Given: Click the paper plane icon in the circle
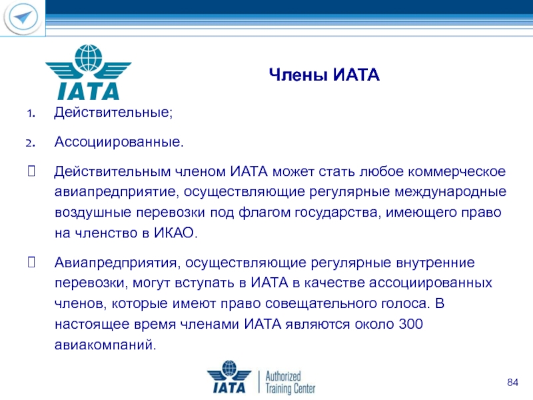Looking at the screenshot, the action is click(x=23, y=17).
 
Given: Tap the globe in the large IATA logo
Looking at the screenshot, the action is click(x=89, y=58).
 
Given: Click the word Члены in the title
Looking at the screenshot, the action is click(x=298, y=75).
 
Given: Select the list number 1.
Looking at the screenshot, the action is click(x=31, y=113).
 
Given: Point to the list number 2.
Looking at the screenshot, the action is click(x=31, y=143).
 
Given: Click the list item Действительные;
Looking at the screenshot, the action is click(x=113, y=112).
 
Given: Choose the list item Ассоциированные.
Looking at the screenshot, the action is click(x=119, y=141).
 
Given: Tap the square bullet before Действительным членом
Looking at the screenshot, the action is click(x=31, y=171).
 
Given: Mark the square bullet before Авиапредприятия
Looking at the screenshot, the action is click(x=31, y=262).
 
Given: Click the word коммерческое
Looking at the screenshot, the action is click(x=456, y=171).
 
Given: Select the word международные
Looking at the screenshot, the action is click(x=450, y=192).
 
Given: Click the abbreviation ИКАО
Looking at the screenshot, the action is click(x=173, y=233).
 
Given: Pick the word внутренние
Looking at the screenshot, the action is click(x=435, y=263).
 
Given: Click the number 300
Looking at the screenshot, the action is click(x=410, y=324).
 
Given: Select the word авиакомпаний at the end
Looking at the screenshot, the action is click(x=105, y=345).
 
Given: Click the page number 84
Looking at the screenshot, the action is click(x=512, y=382).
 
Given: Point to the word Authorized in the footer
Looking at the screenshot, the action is click(x=283, y=376).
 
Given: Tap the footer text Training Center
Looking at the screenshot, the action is click(x=290, y=388).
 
